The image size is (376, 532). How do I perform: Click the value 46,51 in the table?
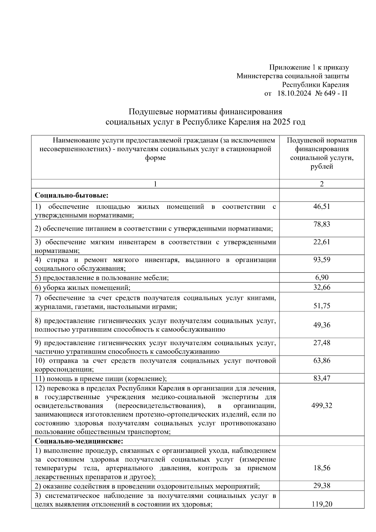click(x=321, y=206)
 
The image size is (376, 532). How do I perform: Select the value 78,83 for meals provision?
click(x=321, y=224)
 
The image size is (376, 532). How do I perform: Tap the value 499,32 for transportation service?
click(x=321, y=406)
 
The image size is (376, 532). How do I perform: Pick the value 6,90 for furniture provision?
click(x=321, y=277)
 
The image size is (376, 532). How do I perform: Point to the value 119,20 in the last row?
click(x=321, y=504)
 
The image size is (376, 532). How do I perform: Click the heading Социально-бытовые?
click(x=71, y=195)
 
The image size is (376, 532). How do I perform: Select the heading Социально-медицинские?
click(x=79, y=441)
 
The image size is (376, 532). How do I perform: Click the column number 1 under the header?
click(x=155, y=184)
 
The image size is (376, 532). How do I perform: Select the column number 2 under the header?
click(x=321, y=184)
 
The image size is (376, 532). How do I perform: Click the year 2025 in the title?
click(x=281, y=122)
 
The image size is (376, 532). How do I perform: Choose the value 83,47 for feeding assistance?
click(x=321, y=378)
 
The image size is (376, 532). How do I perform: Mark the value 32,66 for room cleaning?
click(x=321, y=287)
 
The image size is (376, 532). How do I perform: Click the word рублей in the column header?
click(x=321, y=166)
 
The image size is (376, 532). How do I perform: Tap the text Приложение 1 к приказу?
click(x=309, y=67)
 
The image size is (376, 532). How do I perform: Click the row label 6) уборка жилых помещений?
click(x=82, y=287)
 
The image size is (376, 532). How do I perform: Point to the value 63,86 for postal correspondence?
click(x=321, y=361)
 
